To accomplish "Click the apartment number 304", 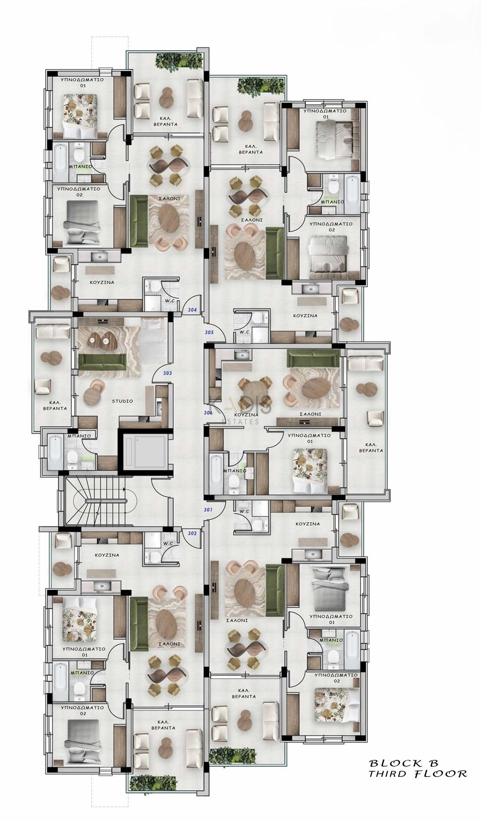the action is (x=193, y=310).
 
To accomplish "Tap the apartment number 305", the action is (x=209, y=332).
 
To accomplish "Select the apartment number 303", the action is (x=167, y=373).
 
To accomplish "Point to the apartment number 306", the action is (x=208, y=413).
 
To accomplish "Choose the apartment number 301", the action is (x=208, y=509).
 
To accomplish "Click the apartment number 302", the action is (x=192, y=533).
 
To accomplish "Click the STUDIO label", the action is (x=122, y=401).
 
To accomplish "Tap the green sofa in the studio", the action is (x=102, y=359).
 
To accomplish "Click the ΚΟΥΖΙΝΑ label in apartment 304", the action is (x=102, y=282).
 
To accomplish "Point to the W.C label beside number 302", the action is (x=168, y=543).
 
